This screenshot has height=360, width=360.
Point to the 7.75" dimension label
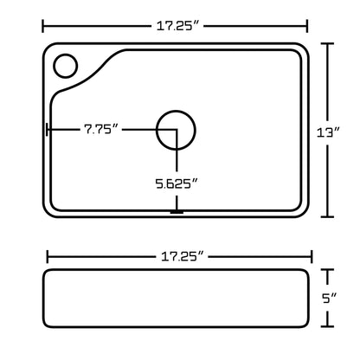pyautogui.click(x=101, y=130)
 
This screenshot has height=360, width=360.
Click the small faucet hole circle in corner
pyautogui.click(x=65, y=66)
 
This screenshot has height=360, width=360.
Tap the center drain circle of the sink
pyautogui.click(x=177, y=130)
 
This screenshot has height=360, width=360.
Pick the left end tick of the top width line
pyautogui.click(x=42, y=26)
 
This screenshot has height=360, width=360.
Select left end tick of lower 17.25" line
pyautogui.click(x=46, y=256)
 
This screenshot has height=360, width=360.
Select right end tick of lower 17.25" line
pyautogui.click(x=312, y=256)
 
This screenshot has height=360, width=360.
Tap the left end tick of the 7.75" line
pyautogui.click(x=46, y=130)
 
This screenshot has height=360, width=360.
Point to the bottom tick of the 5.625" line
pyautogui.click(x=177, y=210)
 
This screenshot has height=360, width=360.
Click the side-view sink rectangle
pyautogui.click(x=177, y=299)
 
